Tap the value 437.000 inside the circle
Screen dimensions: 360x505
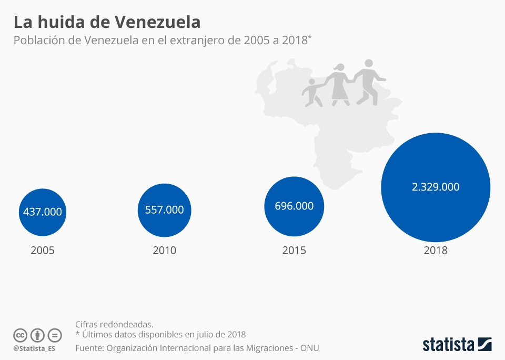pyautogui.click(x=43, y=212)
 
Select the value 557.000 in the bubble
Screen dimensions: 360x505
pyautogui.click(x=164, y=210)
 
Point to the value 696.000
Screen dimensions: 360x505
pyautogui.click(x=294, y=206)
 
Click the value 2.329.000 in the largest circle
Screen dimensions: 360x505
pyautogui.click(x=436, y=187)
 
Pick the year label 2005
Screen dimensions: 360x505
pyautogui.click(x=43, y=251)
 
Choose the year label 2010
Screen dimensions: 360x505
pyautogui.click(x=164, y=251)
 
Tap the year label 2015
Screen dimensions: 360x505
pyautogui.click(x=294, y=251)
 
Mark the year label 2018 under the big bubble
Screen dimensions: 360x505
pyautogui.click(x=436, y=251)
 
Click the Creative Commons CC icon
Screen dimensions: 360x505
pyautogui.click(x=20, y=335)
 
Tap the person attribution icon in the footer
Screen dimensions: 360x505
pyautogui.click(x=37, y=335)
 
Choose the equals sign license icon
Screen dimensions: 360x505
pyautogui.click(x=55, y=335)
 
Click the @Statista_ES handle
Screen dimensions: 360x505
pyautogui.click(x=34, y=348)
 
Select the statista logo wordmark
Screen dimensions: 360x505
pyautogui.click(x=448, y=345)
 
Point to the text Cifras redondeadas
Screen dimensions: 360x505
pyautogui.click(x=114, y=324)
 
